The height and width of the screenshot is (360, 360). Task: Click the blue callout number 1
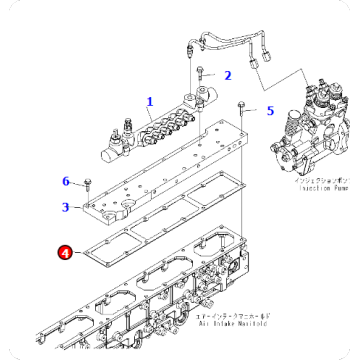coord(150,101)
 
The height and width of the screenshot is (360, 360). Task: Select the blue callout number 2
coord(227,75)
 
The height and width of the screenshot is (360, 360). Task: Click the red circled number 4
coord(65,255)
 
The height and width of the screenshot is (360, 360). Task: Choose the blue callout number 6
coord(66,181)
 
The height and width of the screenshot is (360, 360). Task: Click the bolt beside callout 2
coord(201,73)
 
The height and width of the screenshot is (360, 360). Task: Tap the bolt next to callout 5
coord(241,108)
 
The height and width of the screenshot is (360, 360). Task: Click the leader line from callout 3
coord(77,207)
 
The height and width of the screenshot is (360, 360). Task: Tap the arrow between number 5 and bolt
coord(254,110)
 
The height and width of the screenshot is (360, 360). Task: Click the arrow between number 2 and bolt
coord(214,75)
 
